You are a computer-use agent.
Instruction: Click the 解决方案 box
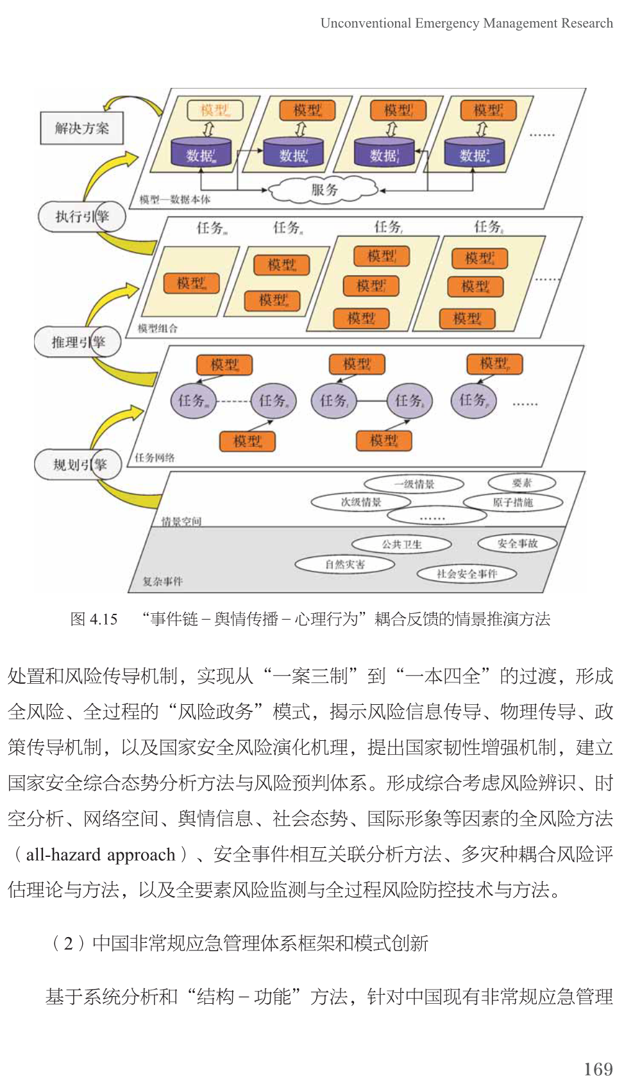81,128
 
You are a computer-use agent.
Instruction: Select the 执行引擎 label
81,216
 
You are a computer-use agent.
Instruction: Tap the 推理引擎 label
78,342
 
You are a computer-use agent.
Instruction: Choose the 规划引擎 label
78,464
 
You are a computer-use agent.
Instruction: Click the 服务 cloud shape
324,190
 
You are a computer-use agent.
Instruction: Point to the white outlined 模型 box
215,110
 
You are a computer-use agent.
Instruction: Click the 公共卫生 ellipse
401,545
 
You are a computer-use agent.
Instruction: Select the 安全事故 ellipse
517,543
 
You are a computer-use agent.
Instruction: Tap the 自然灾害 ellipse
344,564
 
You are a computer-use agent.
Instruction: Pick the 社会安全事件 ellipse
466,573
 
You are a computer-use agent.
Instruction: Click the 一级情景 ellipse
414,484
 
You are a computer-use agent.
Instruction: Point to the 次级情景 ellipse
360,502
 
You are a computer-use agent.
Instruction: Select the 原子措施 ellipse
512,502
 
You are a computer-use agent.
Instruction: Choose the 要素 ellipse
521,483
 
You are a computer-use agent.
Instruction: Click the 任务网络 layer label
155,457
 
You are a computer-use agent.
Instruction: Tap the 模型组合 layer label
158,328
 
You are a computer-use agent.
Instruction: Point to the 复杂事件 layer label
162,581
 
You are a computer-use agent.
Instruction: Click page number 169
598,1069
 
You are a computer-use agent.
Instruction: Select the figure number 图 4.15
94,619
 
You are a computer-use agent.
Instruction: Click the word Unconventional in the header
366,24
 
